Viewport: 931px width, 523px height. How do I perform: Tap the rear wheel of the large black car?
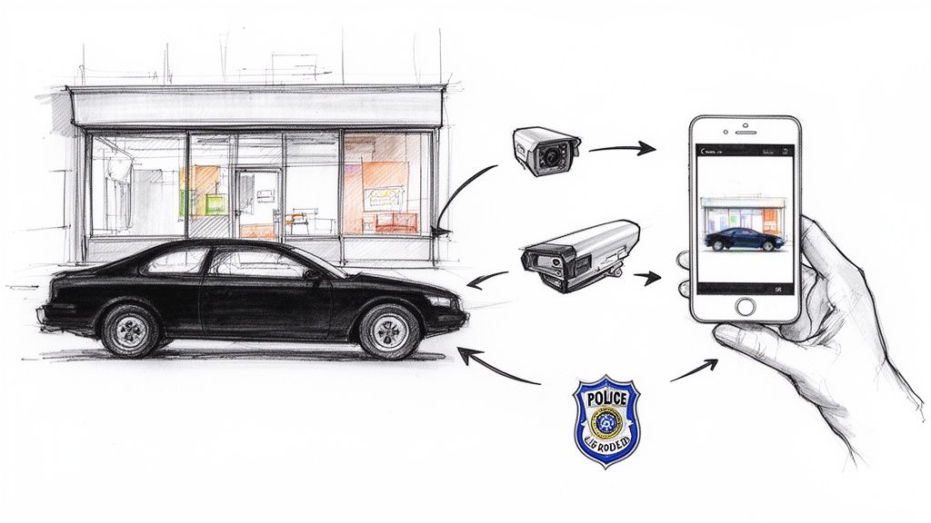pyautogui.click(x=131, y=329)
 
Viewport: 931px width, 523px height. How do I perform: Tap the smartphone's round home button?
pyautogui.click(x=746, y=307)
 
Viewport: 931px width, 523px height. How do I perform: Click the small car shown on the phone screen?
pyautogui.click(x=745, y=239)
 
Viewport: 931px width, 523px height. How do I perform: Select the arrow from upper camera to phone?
pyautogui.click(x=622, y=148)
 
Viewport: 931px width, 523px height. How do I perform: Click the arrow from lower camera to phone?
pyautogui.click(x=648, y=278)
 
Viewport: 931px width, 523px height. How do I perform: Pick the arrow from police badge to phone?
pyautogui.click(x=693, y=370)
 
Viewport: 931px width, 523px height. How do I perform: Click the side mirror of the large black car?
pyautogui.click(x=311, y=273)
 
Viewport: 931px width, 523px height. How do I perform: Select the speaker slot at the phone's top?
pyautogui.click(x=745, y=131)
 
